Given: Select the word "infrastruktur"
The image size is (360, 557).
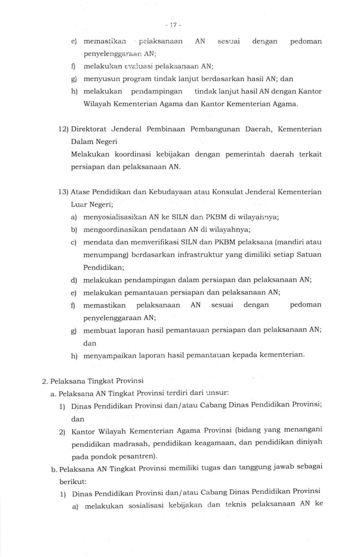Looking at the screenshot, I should pyautogui.click(x=191, y=255).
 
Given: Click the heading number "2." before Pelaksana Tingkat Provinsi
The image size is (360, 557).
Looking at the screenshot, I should pyautogui.click(x=45, y=380).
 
